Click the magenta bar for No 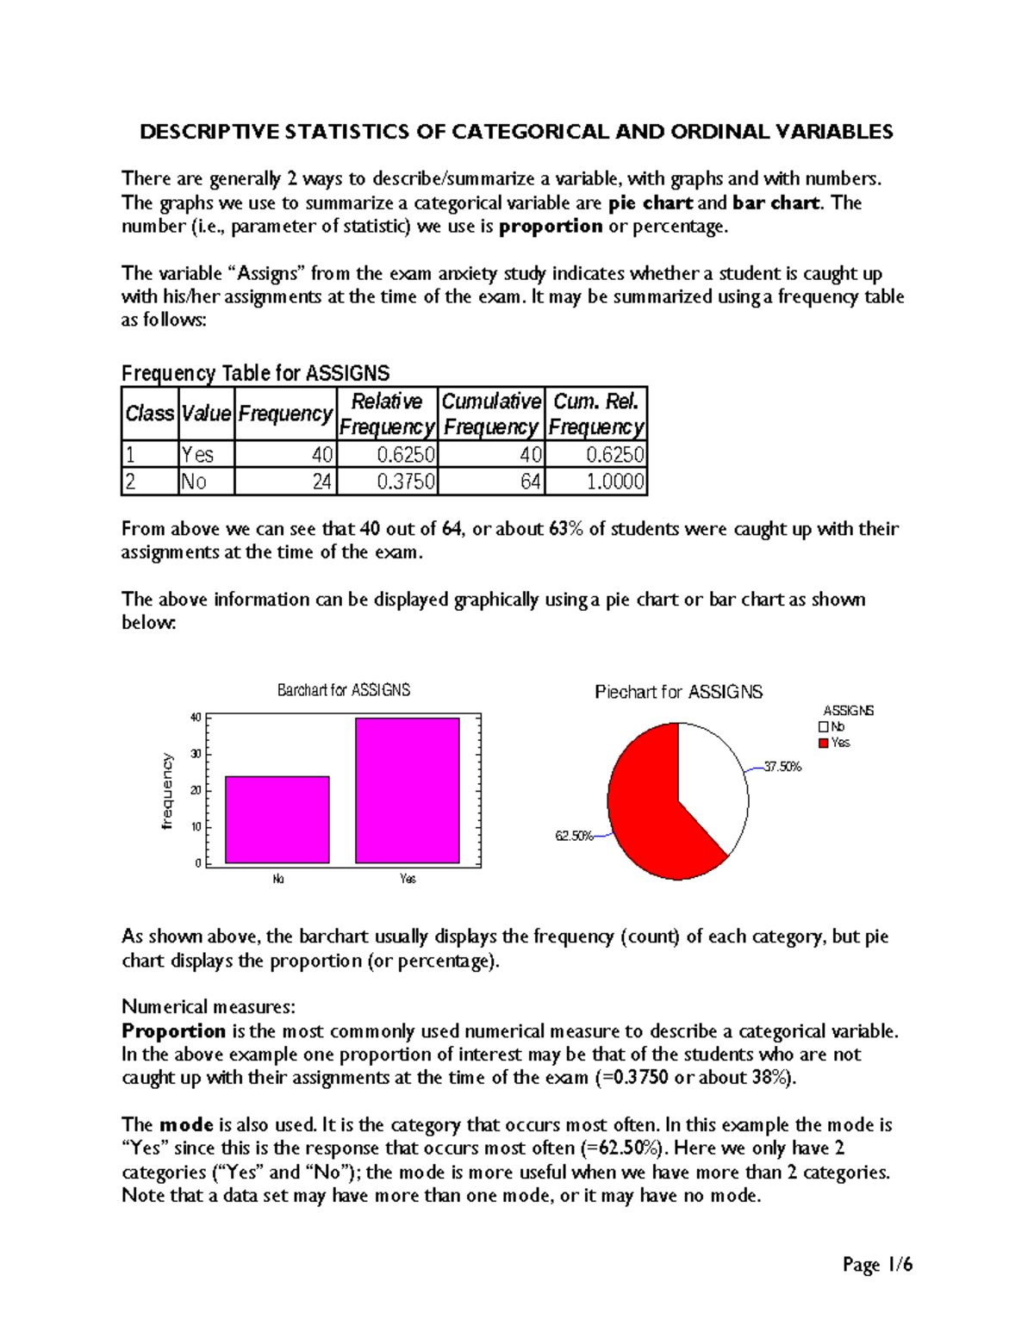click(x=277, y=819)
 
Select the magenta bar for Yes click(x=407, y=790)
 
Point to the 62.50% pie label click(x=574, y=836)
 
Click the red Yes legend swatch click(x=824, y=743)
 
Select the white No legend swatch click(x=824, y=727)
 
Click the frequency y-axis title click(x=167, y=792)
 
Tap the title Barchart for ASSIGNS click(x=343, y=690)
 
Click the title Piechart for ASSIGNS click(x=678, y=692)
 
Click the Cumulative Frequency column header click(x=490, y=414)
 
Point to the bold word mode click(x=186, y=1125)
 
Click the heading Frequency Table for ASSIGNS click(x=255, y=373)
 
